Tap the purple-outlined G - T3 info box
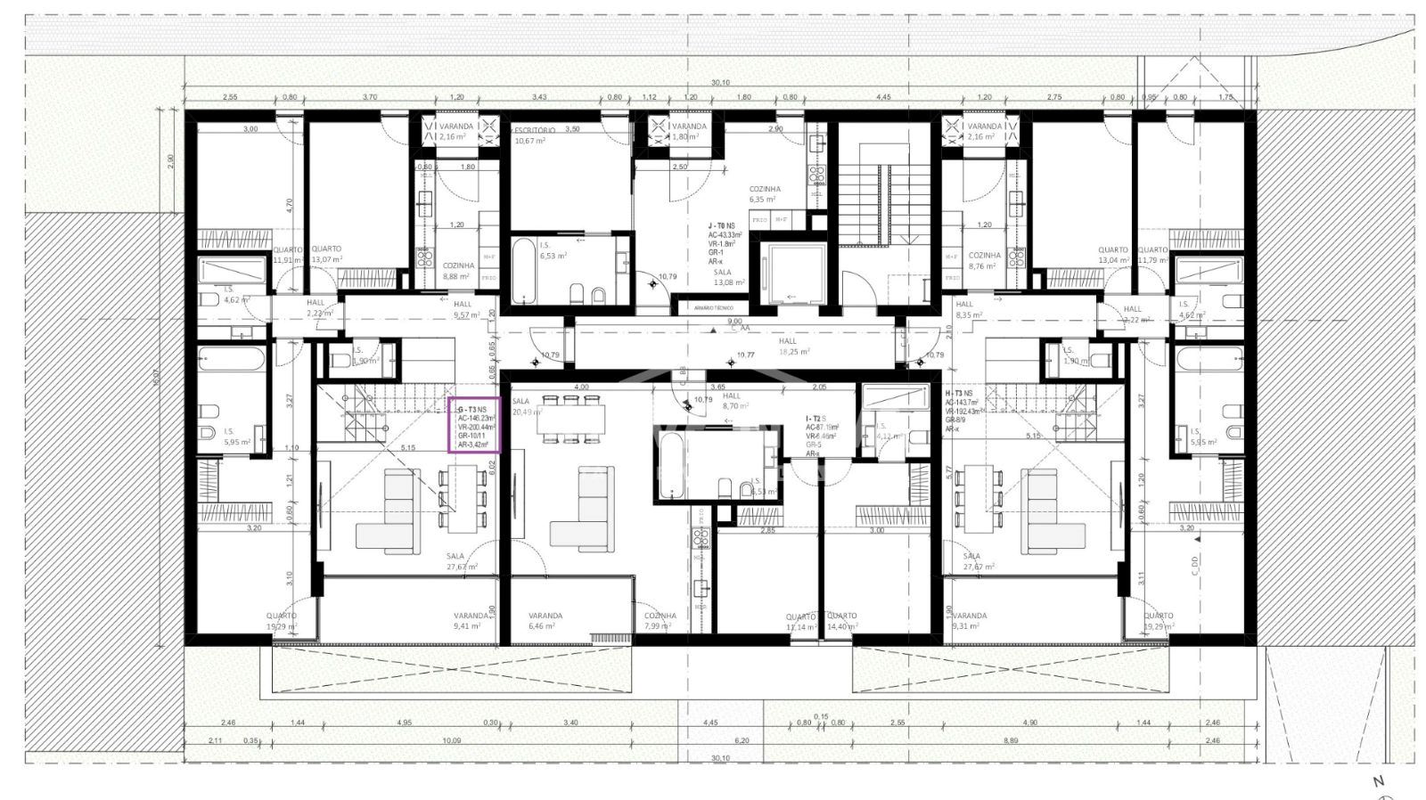[473, 425]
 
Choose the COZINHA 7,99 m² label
[660, 621]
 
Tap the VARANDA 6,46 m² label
[545, 621]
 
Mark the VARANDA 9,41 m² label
[470, 621]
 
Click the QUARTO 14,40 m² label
[842, 621]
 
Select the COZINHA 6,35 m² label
[765, 194]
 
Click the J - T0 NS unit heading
[722, 226]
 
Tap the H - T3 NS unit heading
[959, 392]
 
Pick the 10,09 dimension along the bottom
[451, 741]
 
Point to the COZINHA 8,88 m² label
[457, 271]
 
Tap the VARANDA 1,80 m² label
[689, 131]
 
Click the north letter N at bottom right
[1378, 781]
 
